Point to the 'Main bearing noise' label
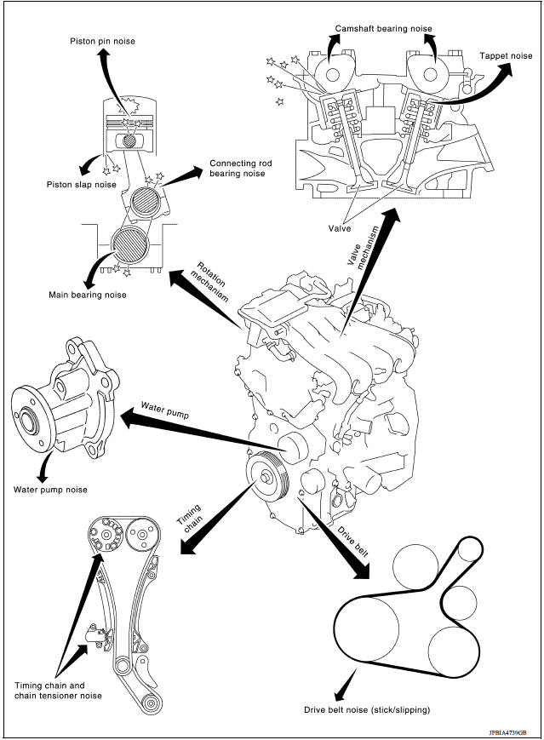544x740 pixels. click(x=88, y=295)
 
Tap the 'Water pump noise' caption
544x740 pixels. click(x=50, y=490)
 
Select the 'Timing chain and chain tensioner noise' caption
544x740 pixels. click(x=58, y=690)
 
